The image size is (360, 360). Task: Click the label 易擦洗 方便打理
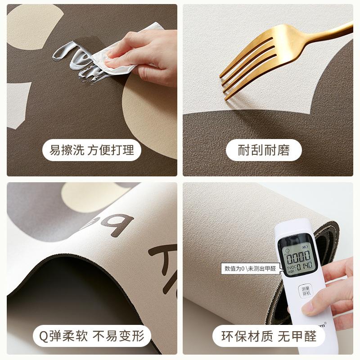click(x=92, y=150)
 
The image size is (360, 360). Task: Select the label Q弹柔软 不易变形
click(x=92, y=336)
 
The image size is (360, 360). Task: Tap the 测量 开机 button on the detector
click(x=307, y=291)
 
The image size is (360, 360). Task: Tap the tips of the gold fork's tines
click(x=224, y=83)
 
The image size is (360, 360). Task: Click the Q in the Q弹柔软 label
click(x=43, y=336)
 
